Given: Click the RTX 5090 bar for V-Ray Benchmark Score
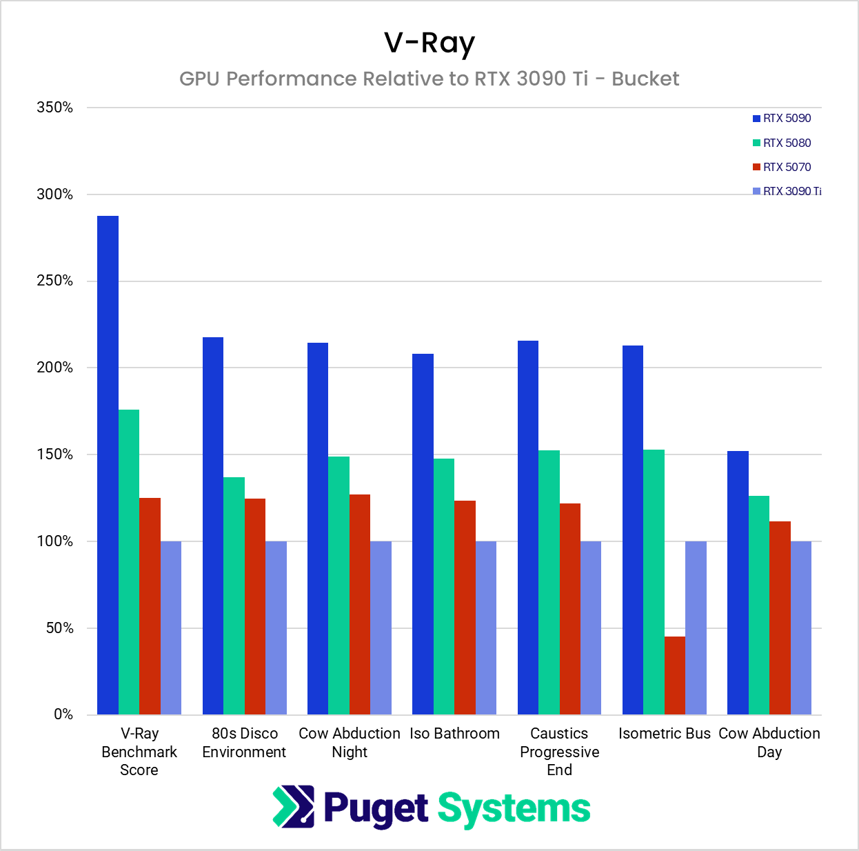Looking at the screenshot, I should click(x=108, y=465).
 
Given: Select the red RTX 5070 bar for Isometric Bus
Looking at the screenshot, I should click(x=675, y=675).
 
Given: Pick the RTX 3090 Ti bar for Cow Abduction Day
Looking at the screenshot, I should click(x=801, y=628).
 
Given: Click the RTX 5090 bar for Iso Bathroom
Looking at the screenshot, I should click(x=423, y=534).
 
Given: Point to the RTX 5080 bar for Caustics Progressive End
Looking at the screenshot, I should click(x=549, y=582).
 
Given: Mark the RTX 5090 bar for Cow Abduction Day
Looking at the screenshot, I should click(x=738, y=583).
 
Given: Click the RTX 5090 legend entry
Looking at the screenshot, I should click(x=782, y=119).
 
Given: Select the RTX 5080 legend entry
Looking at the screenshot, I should click(x=782, y=143).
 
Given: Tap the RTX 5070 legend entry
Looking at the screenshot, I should click(x=782, y=167).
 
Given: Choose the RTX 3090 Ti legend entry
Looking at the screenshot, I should click(x=787, y=191).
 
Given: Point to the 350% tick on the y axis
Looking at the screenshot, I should click(x=55, y=108).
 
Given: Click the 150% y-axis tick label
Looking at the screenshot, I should click(x=55, y=454).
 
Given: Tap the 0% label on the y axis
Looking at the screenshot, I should click(x=63, y=714).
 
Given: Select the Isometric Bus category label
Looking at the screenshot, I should click(x=665, y=734).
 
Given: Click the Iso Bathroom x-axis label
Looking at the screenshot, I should click(x=454, y=734).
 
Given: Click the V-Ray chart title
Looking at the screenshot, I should click(x=429, y=43).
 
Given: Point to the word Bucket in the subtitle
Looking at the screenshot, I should click(x=645, y=79).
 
